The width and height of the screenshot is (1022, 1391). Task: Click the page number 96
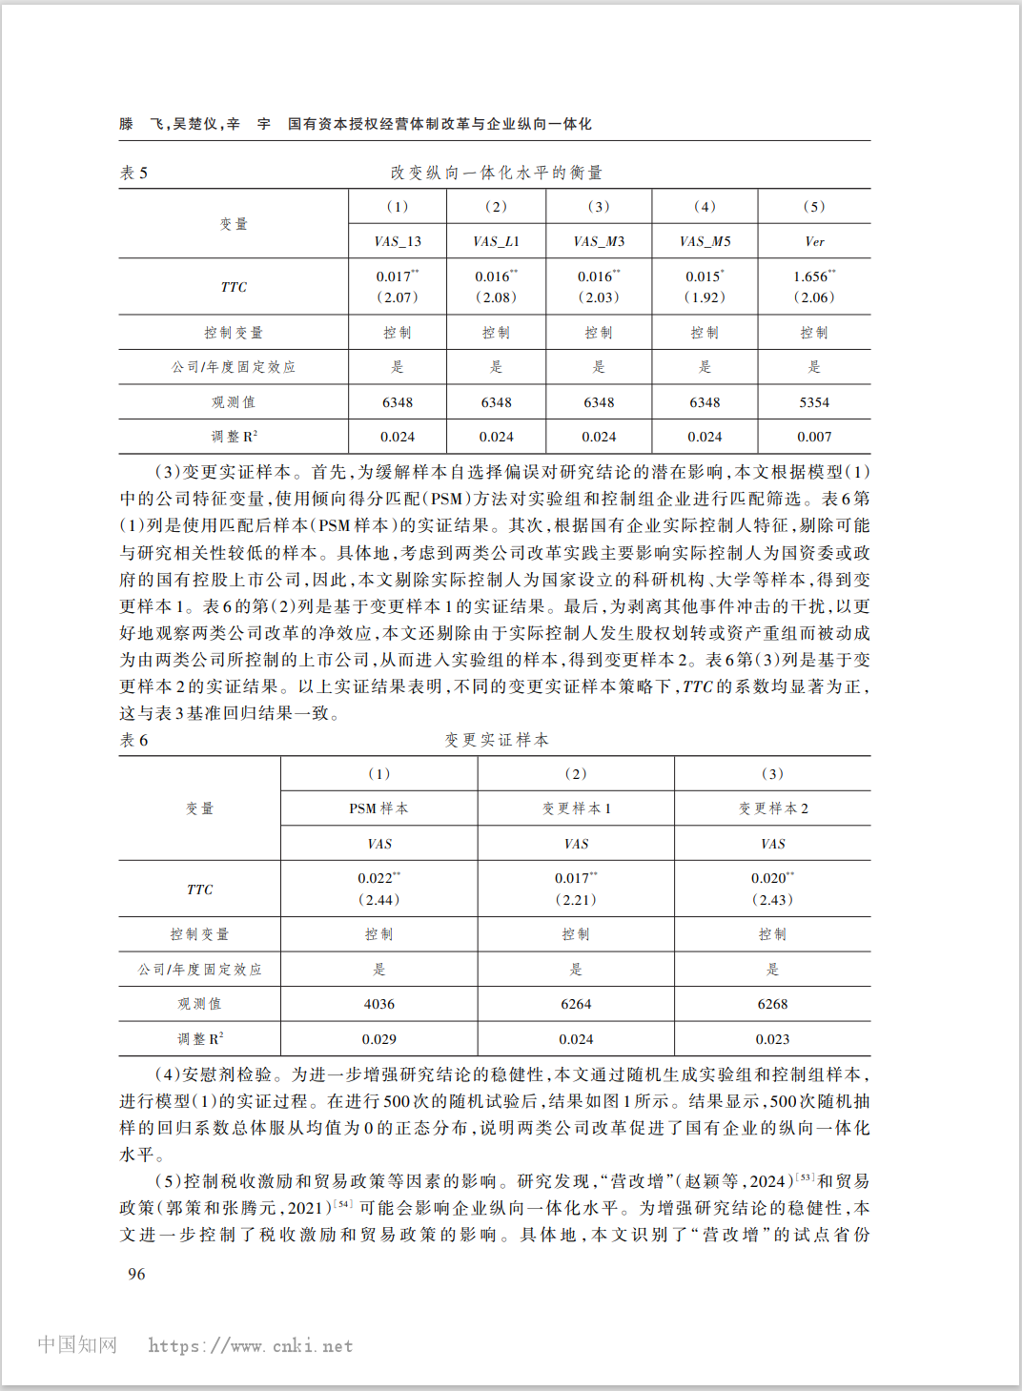tap(136, 1274)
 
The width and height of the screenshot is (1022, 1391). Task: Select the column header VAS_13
tap(398, 241)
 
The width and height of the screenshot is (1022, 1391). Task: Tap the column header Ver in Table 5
tap(814, 241)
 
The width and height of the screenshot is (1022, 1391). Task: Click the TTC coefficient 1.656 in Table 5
tap(811, 276)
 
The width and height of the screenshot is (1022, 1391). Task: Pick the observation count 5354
tap(814, 402)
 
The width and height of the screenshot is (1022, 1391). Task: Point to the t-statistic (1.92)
tap(705, 297)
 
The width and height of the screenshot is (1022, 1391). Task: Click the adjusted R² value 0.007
tap(814, 437)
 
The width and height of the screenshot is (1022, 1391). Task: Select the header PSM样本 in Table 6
tap(378, 808)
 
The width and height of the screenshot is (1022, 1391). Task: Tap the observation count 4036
tap(378, 1004)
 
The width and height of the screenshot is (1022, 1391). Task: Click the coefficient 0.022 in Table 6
tap(376, 878)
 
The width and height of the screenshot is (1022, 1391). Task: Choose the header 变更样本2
tap(772, 808)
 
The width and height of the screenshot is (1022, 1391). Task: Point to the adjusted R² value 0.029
tap(378, 1039)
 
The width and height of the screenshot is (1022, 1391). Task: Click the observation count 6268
tap(772, 1004)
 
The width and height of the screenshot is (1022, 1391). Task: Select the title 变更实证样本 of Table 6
tap(497, 740)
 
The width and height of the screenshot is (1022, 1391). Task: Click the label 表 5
tap(133, 173)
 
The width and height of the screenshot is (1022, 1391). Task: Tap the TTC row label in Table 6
tap(199, 890)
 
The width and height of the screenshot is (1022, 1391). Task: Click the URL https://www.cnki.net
tap(251, 1346)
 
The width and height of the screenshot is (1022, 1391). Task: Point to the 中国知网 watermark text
tap(77, 1345)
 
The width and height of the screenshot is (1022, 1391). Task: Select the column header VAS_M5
tap(705, 241)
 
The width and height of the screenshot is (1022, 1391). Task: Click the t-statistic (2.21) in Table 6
tap(576, 899)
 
